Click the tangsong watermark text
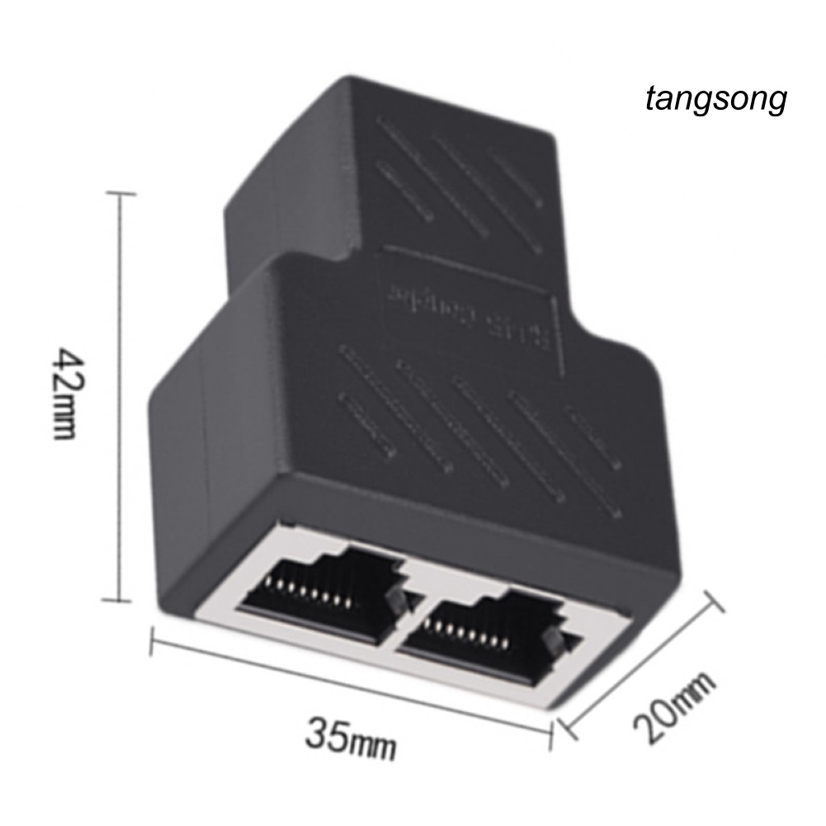point(715,101)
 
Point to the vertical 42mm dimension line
point(122,396)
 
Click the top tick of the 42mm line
point(122,193)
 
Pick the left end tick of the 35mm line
point(153,640)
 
